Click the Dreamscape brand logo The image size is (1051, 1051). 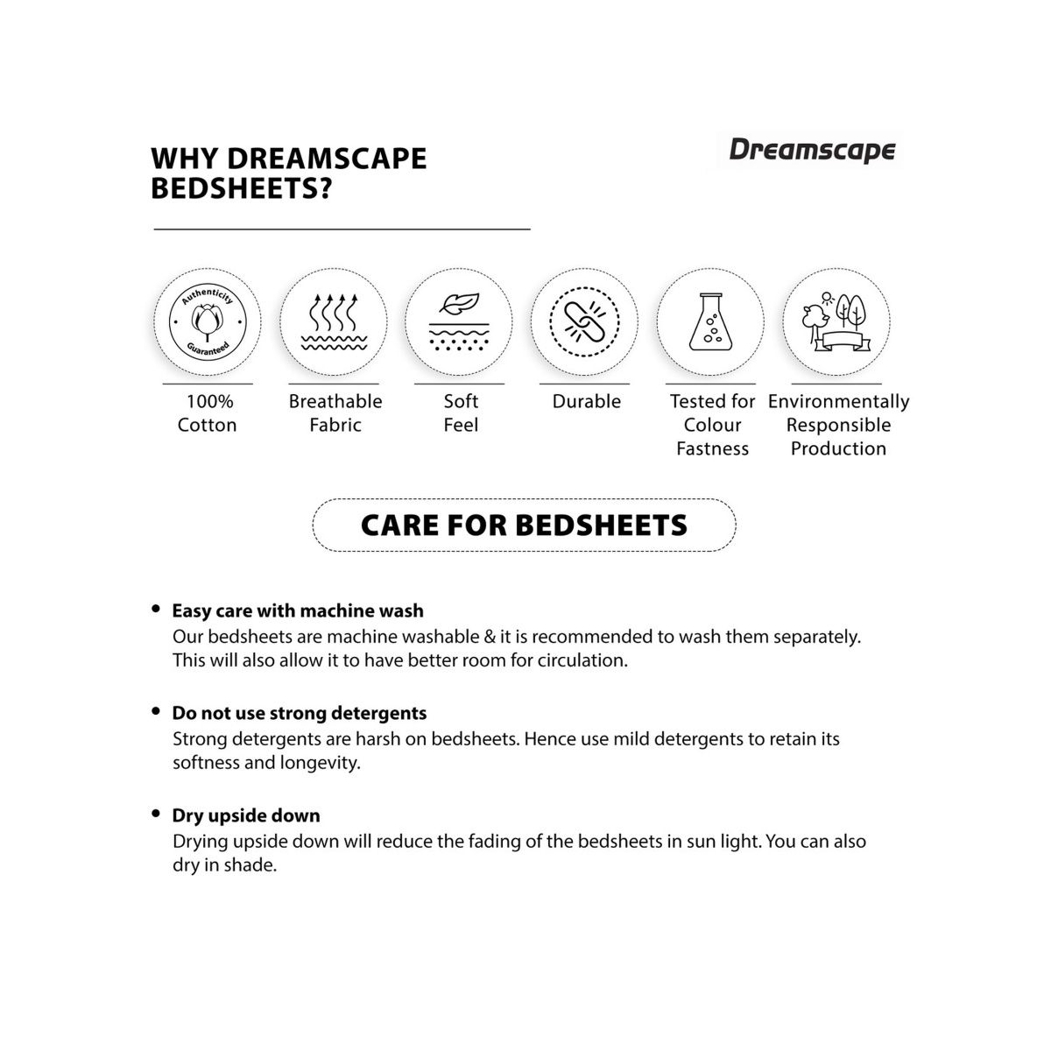tap(812, 150)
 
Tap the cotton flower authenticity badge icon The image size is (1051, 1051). tap(208, 321)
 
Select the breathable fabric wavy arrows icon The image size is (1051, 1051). tap(334, 321)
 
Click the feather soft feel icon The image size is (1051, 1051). tap(460, 321)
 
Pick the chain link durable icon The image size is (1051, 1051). tap(584, 321)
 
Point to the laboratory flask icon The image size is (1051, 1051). tap(710, 321)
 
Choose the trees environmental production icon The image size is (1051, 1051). tap(836, 321)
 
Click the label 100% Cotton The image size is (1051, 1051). tap(208, 413)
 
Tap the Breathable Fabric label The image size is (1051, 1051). tap(335, 413)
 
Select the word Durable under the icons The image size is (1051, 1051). tap(586, 402)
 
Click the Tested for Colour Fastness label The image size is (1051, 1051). tap(712, 425)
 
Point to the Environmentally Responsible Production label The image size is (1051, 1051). tap(838, 425)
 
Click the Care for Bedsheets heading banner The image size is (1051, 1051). tap(524, 525)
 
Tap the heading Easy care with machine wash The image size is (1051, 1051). tap(298, 611)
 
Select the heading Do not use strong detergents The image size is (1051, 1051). tap(300, 713)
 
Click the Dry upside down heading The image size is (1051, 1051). tap(246, 815)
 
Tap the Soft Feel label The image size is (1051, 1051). tap(461, 413)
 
